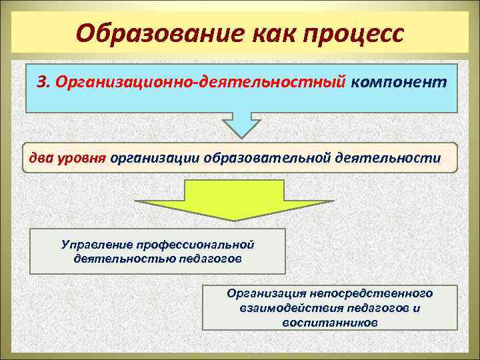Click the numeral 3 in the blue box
[43, 82]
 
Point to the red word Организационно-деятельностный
[201, 82]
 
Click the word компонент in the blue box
[399, 82]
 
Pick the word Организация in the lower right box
[265, 293]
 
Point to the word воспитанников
[330, 322]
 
